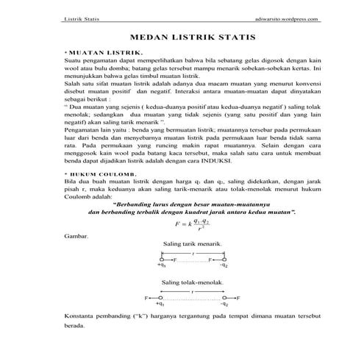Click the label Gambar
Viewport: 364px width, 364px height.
pos(76,237)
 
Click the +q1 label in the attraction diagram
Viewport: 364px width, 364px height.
pos(161,265)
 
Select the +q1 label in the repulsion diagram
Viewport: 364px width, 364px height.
pos(160,304)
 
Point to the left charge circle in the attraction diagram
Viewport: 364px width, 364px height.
pos(162,260)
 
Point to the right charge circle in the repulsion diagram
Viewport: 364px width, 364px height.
pos(224,298)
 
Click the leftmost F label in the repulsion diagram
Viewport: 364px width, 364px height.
pos(146,298)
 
